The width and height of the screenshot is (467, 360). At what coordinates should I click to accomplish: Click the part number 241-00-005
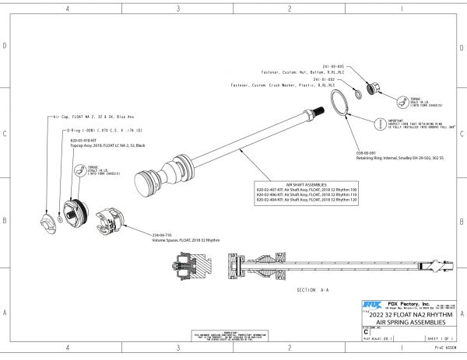[x=322, y=67]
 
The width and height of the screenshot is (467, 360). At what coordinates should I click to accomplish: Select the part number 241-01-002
[x=322, y=79]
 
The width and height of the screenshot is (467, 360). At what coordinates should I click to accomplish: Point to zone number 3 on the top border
[x=178, y=9]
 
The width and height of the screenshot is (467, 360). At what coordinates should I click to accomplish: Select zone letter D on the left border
[x=6, y=47]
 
